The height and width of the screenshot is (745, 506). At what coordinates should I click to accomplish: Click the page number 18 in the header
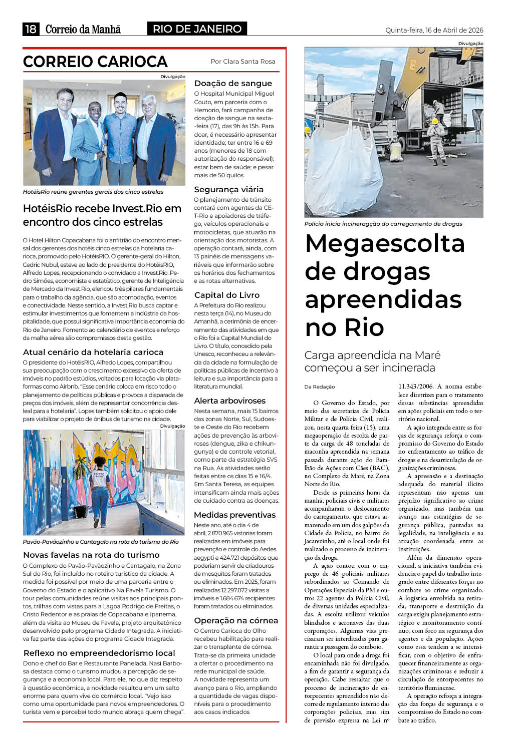pos(31,29)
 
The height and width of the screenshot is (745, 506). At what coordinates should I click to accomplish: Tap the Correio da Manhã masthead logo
pos(83,29)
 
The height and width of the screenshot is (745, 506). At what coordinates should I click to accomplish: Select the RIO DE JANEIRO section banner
pos(197,29)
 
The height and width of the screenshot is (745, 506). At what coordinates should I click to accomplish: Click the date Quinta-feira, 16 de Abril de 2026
pos(434,30)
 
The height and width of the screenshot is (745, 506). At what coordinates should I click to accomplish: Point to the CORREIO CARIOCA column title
pos(95,62)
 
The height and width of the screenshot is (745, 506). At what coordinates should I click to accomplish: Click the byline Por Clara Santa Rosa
pos(243,61)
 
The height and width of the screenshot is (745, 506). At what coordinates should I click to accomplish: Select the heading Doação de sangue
pos(233,84)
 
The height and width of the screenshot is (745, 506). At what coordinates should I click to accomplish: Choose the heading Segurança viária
pos(229,189)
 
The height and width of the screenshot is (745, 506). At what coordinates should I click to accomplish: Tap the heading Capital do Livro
pos(227,295)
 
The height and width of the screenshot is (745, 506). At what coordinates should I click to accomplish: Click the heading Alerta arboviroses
pos(230,401)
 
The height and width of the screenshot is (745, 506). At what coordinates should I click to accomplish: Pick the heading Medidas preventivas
pos(235,515)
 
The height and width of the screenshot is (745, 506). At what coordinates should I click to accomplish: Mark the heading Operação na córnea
pos(236,620)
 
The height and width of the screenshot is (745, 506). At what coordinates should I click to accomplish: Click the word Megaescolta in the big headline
pos(385,244)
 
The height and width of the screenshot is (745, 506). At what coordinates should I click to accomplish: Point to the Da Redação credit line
pos(320,387)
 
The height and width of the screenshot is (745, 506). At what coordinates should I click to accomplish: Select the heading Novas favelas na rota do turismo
pos(91,555)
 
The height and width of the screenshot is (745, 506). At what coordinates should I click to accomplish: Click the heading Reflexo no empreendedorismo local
pos(99,653)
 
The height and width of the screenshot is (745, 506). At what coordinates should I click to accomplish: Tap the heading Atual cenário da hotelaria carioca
pos(93,352)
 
